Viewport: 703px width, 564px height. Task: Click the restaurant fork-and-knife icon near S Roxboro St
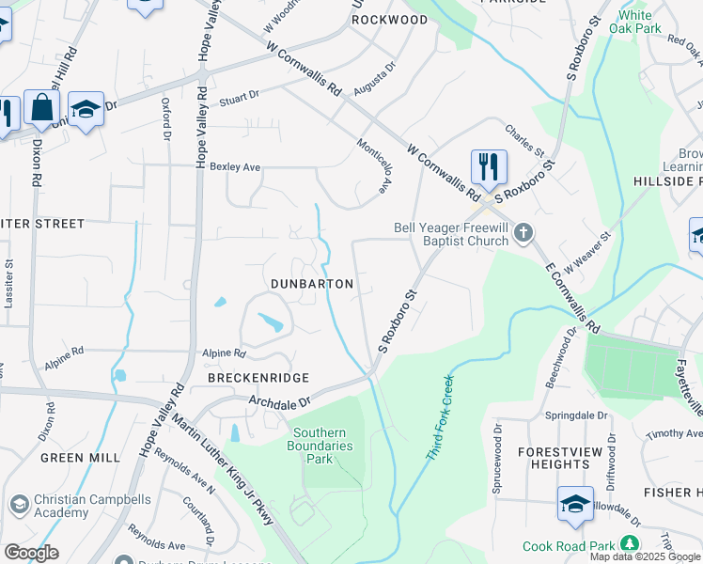(489, 168)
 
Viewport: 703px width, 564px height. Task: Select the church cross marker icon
(524, 231)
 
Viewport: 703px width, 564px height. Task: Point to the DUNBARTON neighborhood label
(312, 284)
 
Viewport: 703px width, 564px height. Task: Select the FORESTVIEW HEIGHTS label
(554, 458)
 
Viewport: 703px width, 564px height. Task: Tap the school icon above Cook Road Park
(575, 505)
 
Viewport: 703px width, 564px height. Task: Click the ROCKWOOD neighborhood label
(388, 20)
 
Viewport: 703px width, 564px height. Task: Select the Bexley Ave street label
(235, 167)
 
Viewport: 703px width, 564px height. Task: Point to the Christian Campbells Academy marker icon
(17, 505)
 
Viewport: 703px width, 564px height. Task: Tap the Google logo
(31, 553)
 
